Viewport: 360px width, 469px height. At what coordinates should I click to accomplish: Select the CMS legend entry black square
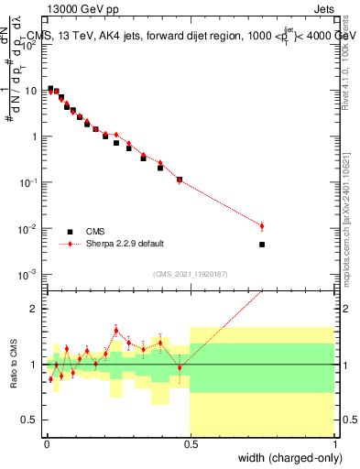tap(70, 231)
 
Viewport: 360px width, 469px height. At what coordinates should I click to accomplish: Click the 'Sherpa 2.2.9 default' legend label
tap(125, 244)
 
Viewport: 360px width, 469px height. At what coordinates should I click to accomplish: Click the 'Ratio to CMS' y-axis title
tap(12, 365)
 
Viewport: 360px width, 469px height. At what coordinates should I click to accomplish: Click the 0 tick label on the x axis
tap(46, 444)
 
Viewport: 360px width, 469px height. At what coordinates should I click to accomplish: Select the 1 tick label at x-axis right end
tap(334, 444)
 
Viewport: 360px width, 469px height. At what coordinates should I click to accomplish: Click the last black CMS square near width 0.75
tap(262, 245)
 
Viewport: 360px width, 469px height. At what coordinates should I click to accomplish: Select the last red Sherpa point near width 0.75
tap(262, 226)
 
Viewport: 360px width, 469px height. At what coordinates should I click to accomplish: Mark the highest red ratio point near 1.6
tap(116, 330)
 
